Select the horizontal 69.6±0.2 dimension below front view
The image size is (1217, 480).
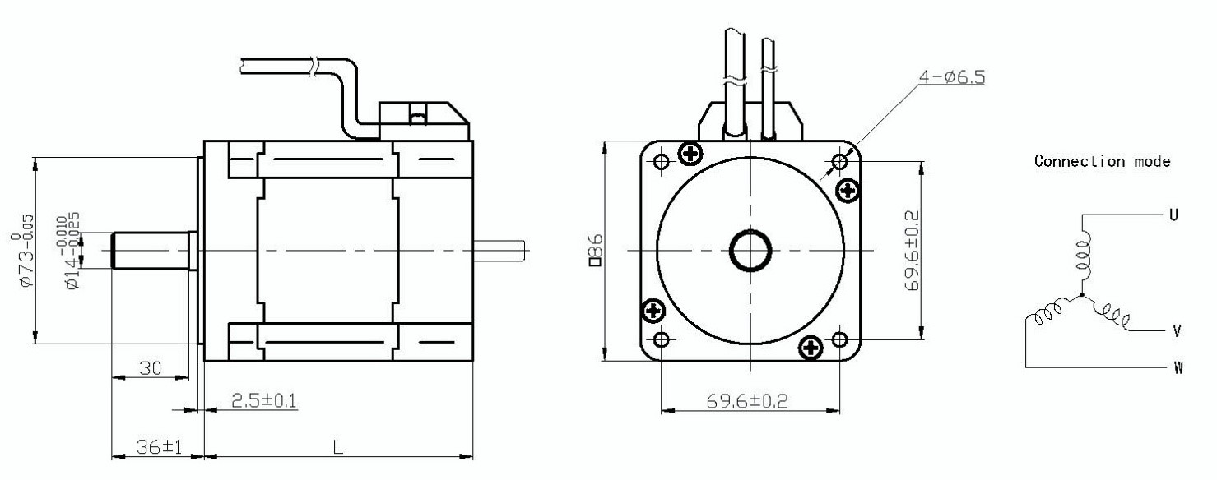coord(747,401)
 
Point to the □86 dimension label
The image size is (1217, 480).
coord(598,250)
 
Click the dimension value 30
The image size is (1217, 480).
coord(150,368)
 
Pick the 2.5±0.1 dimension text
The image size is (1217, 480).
coord(263,400)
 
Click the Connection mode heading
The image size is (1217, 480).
coord(1102,162)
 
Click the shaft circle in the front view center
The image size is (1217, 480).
coord(750,250)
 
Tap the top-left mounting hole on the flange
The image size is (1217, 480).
coord(661,161)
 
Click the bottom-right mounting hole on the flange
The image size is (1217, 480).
coord(839,339)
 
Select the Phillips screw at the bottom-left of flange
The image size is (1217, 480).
coord(654,311)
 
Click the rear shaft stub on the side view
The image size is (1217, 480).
coord(499,250)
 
